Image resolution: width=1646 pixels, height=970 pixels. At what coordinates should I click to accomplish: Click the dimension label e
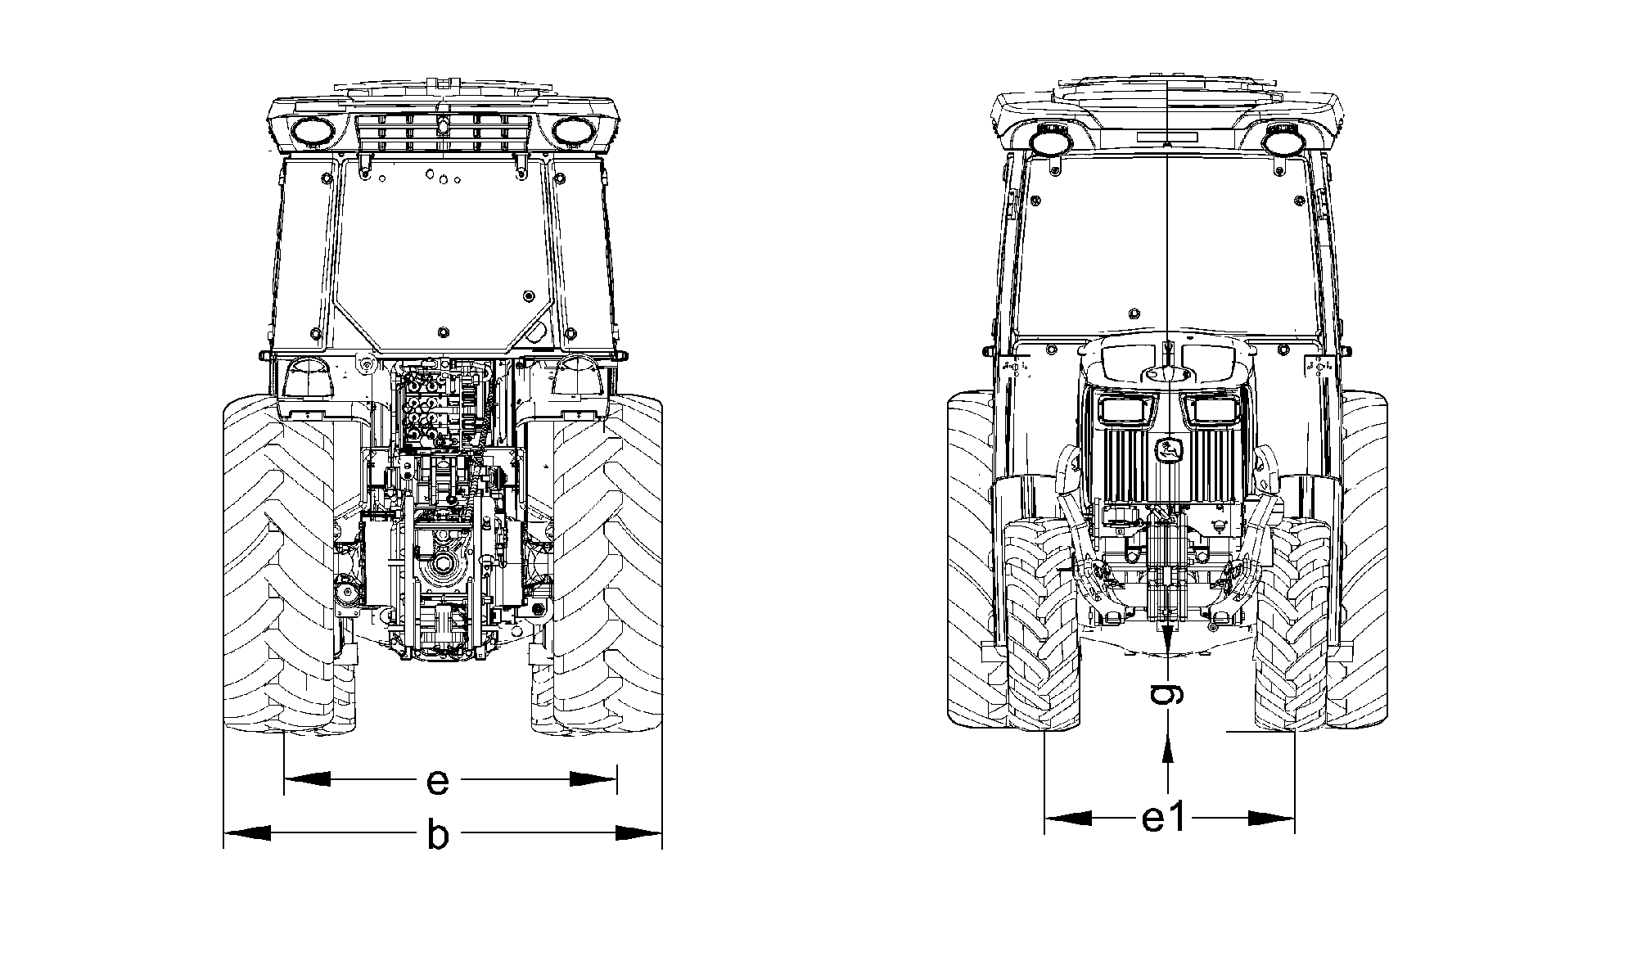click(x=439, y=782)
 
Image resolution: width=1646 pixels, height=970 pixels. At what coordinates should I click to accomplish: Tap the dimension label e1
click(x=1163, y=818)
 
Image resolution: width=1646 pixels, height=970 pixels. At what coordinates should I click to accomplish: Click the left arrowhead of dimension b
click(x=247, y=833)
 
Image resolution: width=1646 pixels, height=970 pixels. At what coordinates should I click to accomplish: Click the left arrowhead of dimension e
click(x=307, y=779)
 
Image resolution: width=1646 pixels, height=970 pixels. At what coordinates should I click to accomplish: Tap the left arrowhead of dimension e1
click(x=1068, y=818)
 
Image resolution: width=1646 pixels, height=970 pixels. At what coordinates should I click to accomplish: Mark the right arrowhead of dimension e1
click(x=1272, y=818)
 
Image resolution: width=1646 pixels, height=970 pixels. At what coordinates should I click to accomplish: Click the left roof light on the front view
click(x=1049, y=141)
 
